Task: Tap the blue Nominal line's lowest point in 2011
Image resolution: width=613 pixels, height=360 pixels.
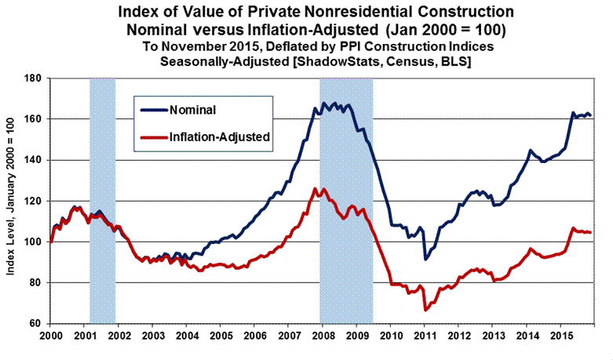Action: point(425,258)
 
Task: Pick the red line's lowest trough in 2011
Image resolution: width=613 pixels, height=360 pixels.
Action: point(425,310)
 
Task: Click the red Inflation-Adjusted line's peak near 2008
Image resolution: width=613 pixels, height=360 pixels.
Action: point(315,188)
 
